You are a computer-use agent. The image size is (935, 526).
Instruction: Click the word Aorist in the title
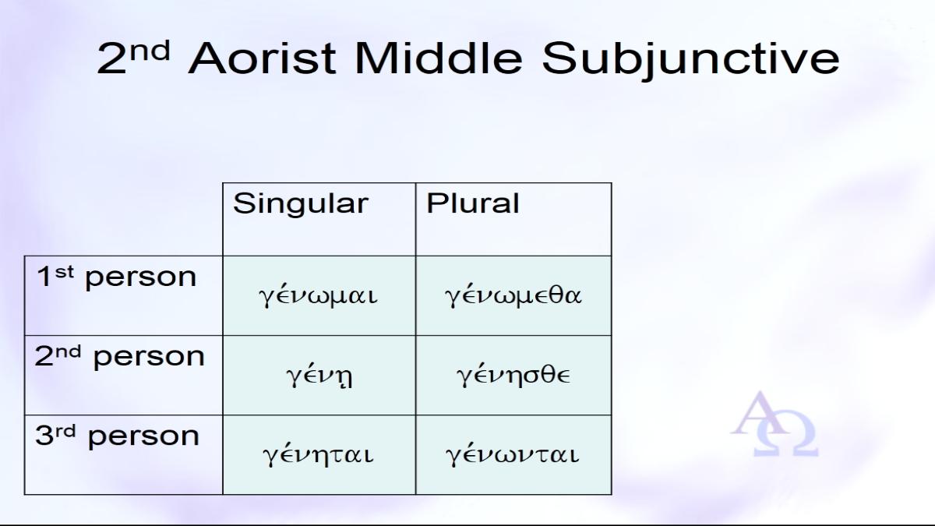[262, 58]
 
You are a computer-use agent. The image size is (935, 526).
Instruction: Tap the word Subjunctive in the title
[691, 61]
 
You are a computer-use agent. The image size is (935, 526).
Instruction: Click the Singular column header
[301, 203]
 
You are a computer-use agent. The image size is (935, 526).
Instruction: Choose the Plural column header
[472, 203]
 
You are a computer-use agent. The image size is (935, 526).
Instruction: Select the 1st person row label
[116, 277]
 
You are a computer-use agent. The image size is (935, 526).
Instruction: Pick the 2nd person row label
[120, 357]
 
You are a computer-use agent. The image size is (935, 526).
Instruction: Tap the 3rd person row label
[118, 436]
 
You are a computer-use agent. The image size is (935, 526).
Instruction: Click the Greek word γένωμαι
[318, 295]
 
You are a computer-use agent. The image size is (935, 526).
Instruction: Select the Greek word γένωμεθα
[513, 295]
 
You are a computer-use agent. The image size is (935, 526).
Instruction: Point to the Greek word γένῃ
[319, 376]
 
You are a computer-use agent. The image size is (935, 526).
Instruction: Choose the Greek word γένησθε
[513, 375]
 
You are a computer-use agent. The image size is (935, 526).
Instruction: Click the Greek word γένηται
[318, 454]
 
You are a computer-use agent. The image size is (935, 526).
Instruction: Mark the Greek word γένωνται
[513, 454]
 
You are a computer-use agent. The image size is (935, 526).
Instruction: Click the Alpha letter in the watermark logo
[759, 413]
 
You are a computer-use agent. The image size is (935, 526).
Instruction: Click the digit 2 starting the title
[112, 58]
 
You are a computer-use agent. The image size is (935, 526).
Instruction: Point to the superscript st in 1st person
[64, 272]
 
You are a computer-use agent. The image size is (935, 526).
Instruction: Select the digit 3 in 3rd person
[44, 436]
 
